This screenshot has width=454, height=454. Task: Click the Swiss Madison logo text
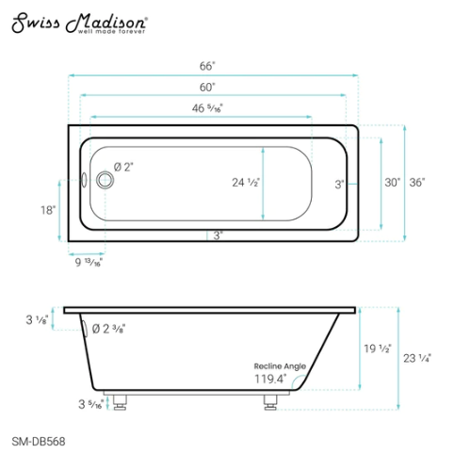point(79,23)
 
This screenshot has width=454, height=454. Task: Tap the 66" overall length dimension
point(207,66)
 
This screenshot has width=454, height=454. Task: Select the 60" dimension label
point(207,87)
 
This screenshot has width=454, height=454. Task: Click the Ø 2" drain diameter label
point(123,167)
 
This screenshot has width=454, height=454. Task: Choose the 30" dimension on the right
point(393,182)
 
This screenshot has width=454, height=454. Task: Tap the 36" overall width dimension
point(417,182)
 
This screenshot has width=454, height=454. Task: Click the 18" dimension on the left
point(48,210)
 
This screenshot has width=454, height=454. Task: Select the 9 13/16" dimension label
point(86,264)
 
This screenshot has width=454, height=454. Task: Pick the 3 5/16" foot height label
point(94,405)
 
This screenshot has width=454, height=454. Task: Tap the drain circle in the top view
point(101,176)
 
